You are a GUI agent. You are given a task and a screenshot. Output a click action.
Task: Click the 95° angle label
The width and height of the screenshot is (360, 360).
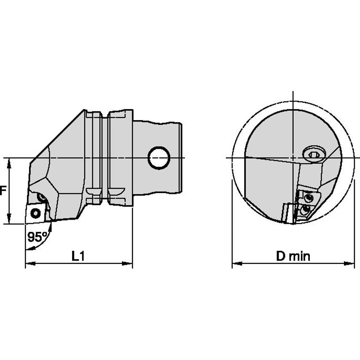click(37, 237)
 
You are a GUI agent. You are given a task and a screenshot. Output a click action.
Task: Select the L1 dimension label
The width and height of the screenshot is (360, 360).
click(78, 256)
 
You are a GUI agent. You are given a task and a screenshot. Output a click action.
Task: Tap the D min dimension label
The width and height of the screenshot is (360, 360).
click(293, 256)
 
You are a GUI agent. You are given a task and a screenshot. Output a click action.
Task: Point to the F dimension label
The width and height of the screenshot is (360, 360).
click(2, 191)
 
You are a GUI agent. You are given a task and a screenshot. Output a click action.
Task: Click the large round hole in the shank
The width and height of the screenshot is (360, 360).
click(159, 158)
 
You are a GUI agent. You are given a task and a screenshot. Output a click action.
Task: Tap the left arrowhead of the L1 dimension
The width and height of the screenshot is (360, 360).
click(30, 263)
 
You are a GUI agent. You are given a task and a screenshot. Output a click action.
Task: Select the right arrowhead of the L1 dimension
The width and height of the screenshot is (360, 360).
click(127, 263)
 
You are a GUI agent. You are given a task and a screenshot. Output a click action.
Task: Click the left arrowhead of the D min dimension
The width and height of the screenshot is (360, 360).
click(237, 263)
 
